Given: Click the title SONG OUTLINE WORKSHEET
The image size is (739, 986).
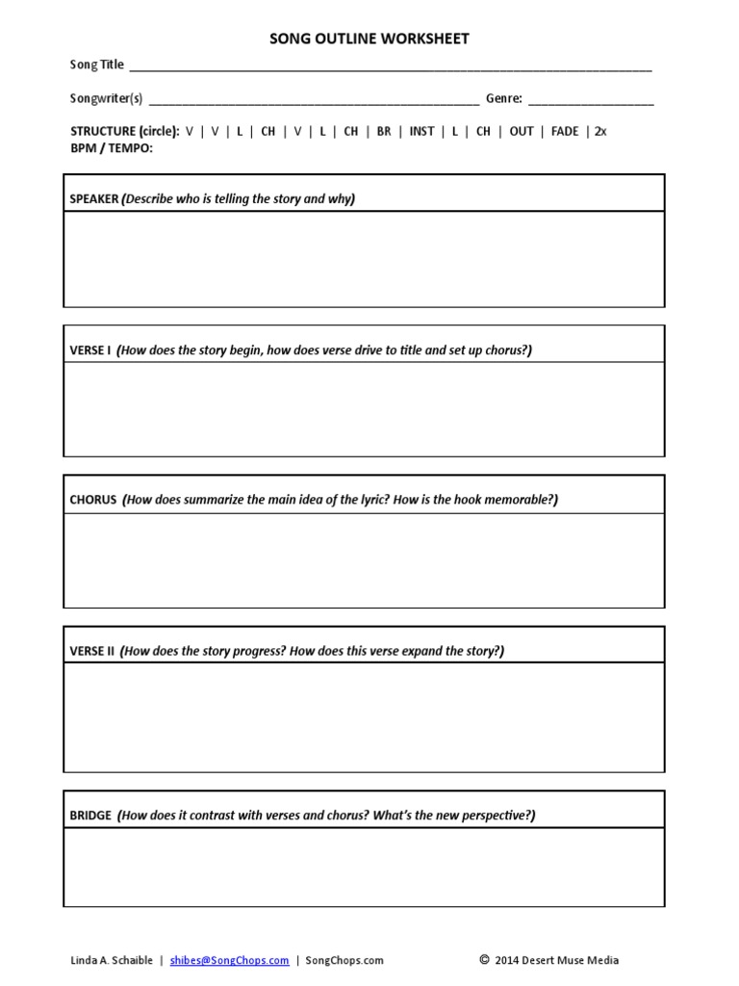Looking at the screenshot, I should [369, 39].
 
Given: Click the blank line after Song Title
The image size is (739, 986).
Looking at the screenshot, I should [390, 66].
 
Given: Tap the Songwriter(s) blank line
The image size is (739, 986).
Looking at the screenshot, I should [314, 99].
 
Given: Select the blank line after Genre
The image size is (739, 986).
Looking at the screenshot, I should [591, 99].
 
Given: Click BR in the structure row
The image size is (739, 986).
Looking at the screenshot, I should [384, 131].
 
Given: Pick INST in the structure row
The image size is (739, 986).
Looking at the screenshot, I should [421, 131].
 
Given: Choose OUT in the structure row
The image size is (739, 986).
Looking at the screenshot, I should [522, 131].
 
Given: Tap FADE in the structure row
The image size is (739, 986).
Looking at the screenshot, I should [565, 131].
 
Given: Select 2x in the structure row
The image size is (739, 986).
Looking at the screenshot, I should [600, 131].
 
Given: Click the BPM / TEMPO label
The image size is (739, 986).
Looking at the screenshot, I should [112, 147].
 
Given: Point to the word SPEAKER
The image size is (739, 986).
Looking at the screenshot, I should [94, 198].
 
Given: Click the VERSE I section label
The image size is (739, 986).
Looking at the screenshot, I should [90, 350].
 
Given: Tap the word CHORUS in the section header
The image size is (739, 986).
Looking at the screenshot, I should [93, 500].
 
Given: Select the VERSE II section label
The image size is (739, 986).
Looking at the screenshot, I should [92, 651].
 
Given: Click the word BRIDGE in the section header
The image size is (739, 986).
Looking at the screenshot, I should [90, 815].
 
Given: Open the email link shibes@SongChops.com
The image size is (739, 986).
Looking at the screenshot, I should [229, 960].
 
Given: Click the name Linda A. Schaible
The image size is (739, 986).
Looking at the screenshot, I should [111, 960].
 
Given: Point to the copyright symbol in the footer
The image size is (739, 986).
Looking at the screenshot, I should [484, 959].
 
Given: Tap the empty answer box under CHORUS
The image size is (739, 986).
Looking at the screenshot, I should [364, 559].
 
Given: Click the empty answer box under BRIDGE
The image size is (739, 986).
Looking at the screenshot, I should [364, 867].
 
